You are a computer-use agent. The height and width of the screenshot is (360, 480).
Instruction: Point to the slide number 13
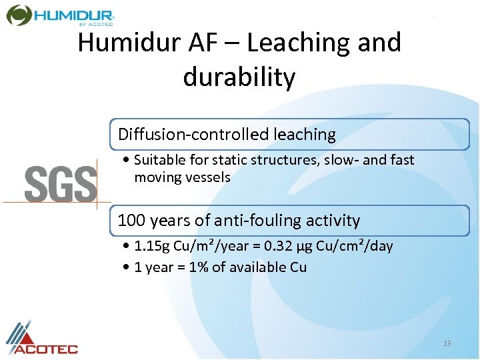[x=447, y=343]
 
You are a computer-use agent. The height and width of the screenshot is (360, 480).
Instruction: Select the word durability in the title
[x=239, y=77]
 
